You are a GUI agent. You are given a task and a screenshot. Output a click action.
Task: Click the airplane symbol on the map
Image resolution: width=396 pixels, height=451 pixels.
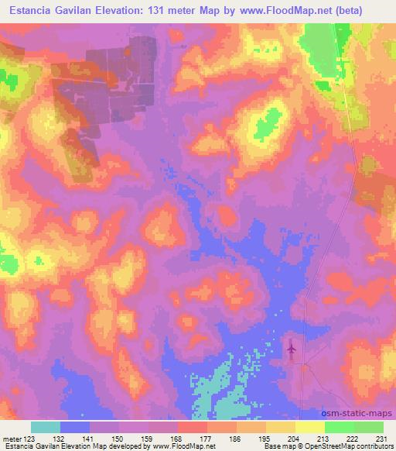pos(291,349)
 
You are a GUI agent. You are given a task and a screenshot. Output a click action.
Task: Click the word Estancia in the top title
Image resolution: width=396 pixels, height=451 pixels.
pos(29,11)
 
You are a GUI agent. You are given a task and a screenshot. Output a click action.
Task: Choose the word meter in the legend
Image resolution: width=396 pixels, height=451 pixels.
pos(13,438)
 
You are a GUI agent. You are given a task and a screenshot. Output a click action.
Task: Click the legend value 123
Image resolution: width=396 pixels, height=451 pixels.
pos(31,438)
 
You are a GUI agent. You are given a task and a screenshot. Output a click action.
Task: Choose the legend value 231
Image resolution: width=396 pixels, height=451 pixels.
pos(384,438)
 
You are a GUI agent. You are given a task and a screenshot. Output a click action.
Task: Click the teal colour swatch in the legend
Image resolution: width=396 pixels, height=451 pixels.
pos(46,427)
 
